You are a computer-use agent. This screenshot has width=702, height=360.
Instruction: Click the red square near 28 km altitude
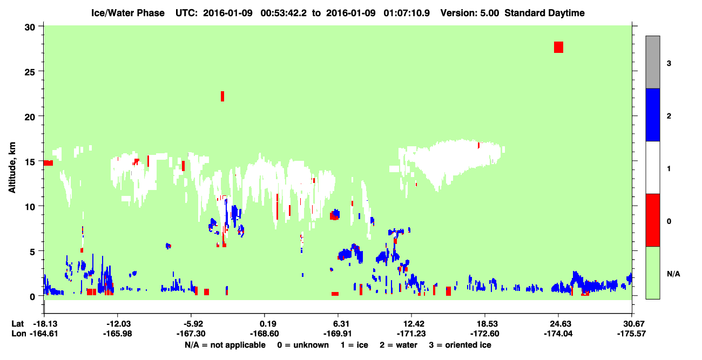coord(558,47)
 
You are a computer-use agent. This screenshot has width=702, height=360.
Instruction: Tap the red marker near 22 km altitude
coord(222,96)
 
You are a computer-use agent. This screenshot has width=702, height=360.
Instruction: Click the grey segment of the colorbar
coord(653,62)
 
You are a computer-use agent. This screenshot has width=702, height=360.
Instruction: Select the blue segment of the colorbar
coord(653,114)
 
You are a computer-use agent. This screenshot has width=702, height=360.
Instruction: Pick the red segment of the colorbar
coord(653,220)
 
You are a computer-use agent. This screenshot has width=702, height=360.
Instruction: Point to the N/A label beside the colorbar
coord(673,274)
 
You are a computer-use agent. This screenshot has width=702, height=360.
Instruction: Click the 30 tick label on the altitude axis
coord(30,28)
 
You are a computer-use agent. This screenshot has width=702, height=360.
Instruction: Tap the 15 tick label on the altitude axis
coord(30,162)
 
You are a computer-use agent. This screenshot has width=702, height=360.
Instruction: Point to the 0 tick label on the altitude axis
coord(32,297)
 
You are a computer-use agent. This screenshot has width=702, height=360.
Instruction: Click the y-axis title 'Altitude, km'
coord(12,168)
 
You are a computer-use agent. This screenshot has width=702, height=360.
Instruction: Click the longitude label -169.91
coord(337,334)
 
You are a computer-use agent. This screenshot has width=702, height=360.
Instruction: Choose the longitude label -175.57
coord(631,334)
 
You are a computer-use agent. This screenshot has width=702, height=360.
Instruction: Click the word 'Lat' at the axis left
coord(17,324)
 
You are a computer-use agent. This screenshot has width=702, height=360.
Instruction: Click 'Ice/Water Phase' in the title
coord(128,13)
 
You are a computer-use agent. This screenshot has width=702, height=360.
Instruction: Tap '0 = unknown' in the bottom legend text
coord(303,345)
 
